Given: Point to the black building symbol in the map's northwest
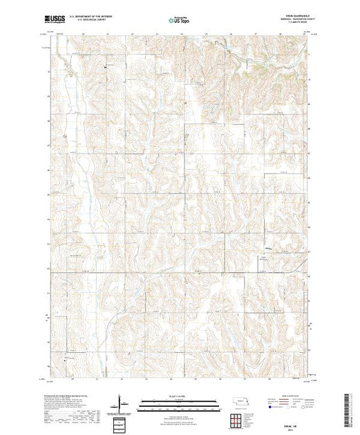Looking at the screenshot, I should point(105,66).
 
